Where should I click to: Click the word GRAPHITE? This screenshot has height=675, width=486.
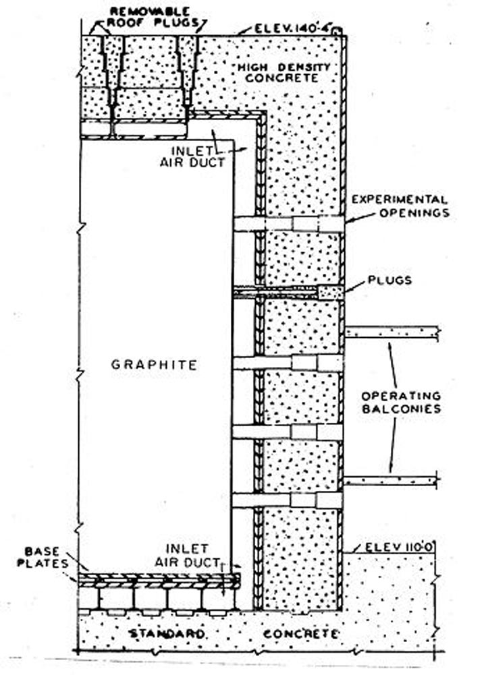[x=154, y=365]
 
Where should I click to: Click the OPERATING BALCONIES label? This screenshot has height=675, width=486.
[x=400, y=402]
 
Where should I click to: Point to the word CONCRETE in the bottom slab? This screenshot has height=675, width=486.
[x=301, y=635]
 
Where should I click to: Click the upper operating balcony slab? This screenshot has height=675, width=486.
[x=391, y=332]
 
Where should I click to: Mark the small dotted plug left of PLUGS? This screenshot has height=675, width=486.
[x=330, y=292]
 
